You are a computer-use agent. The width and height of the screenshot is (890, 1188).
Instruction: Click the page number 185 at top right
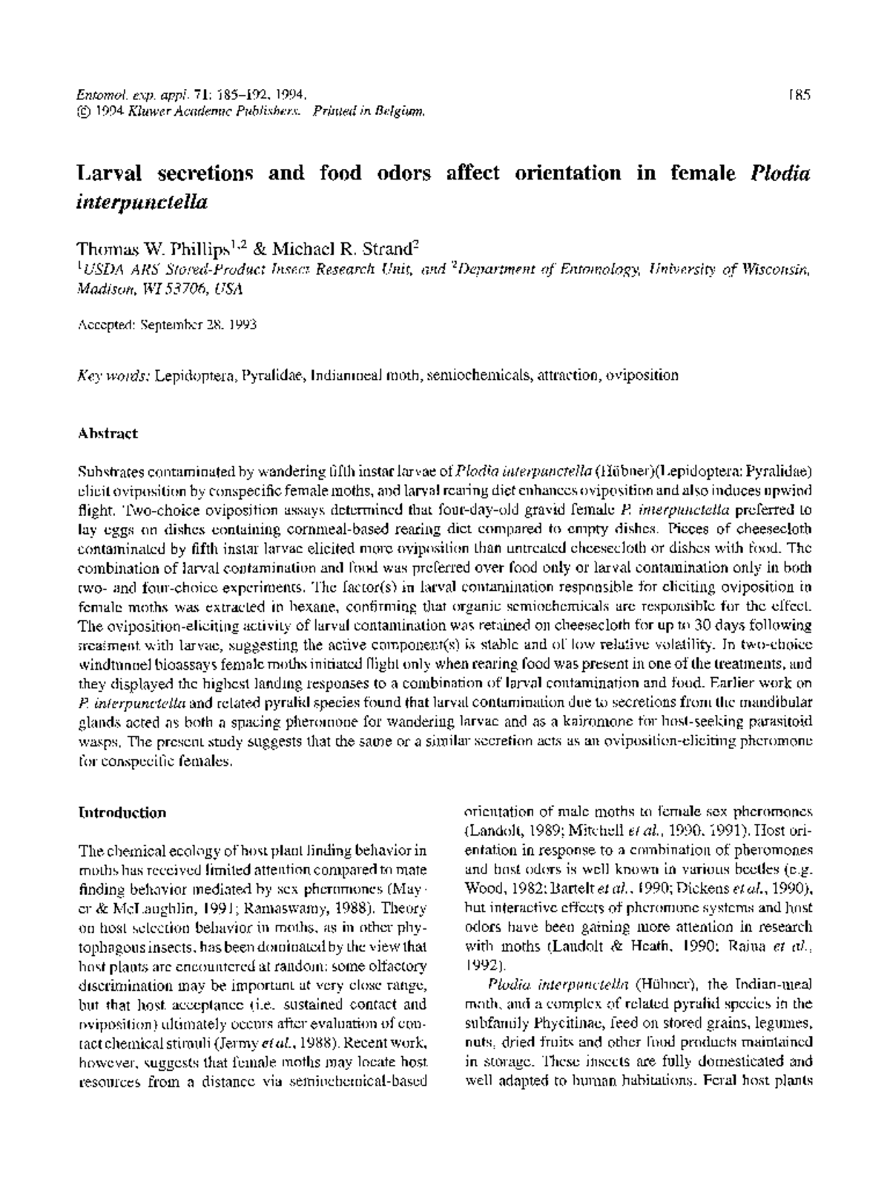click(x=800, y=95)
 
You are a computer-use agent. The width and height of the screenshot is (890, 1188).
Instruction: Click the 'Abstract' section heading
click(x=108, y=433)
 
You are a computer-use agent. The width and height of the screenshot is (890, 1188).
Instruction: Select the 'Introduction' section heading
click(x=122, y=813)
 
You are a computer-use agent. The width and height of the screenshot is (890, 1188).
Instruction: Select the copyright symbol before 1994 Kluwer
click(x=82, y=112)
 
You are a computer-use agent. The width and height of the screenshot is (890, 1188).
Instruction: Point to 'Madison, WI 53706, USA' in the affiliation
click(x=160, y=289)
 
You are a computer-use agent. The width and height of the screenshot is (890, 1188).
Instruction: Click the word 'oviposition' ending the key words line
click(x=642, y=375)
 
